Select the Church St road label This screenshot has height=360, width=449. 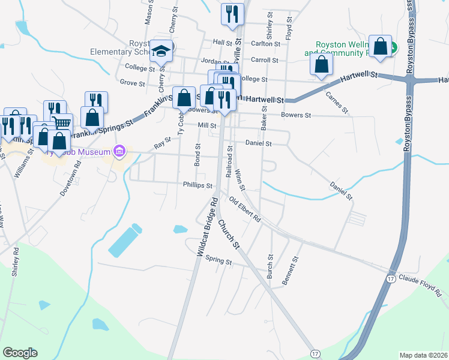(229, 235)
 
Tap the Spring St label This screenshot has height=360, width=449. (218, 261)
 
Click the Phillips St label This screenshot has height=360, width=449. (198, 185)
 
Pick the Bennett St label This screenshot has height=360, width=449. (294, 271)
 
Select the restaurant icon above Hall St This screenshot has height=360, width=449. (232, 14)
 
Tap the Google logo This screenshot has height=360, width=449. (20, 353)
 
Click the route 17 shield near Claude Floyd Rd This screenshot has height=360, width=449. (391, 278)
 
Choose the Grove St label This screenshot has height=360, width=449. (133, 82)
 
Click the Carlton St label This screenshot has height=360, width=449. (265, 43)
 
